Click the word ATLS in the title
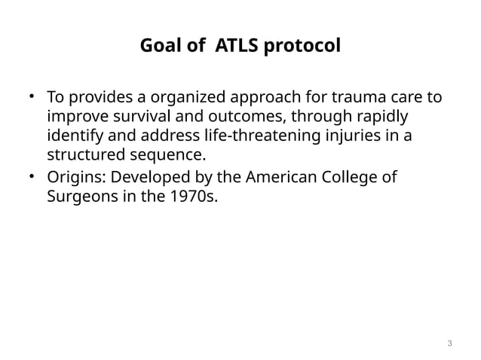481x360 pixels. [236, 47]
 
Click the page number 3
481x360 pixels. [449, 344]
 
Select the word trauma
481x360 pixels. [353, 98]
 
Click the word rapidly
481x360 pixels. [388, 117]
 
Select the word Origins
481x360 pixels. [72, 177]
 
